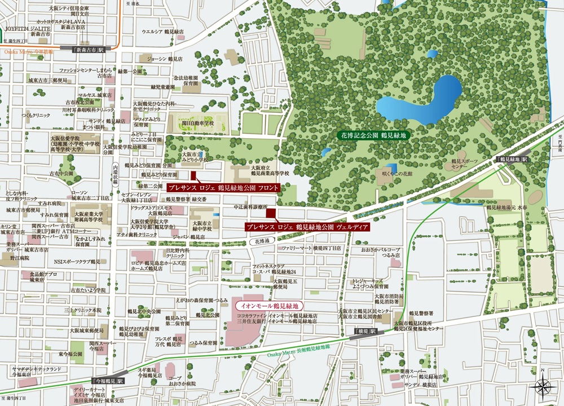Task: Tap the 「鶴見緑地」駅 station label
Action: (x=513, y=160)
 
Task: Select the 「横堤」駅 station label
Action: (x=366, y=332)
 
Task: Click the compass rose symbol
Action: (x=542, y=386)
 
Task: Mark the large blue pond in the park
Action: (x=420, y=102)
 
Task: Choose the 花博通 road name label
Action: (x=260, y=241)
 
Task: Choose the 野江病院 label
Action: (x=18, y=257)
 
